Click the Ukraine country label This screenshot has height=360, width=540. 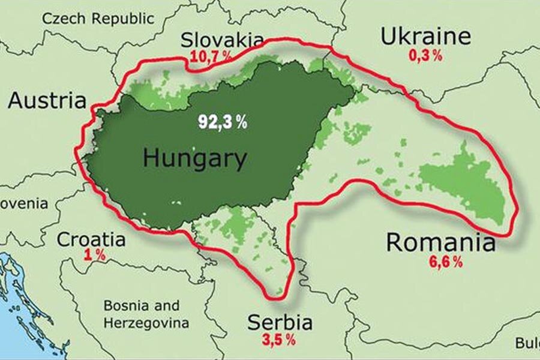(425, 37)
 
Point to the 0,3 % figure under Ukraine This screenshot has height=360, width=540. (425, 56)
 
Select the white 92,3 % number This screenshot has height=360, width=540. (223, 122)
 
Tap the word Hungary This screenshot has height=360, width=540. (194, 160)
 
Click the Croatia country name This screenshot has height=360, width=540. (91, 240)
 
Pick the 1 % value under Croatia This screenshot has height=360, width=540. (94, 256)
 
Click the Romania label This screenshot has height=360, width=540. (440, 243)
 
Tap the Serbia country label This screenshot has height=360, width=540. (280, 323)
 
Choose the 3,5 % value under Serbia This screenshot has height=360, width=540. (279, 340)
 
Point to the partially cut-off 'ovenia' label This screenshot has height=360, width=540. (24, 204)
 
